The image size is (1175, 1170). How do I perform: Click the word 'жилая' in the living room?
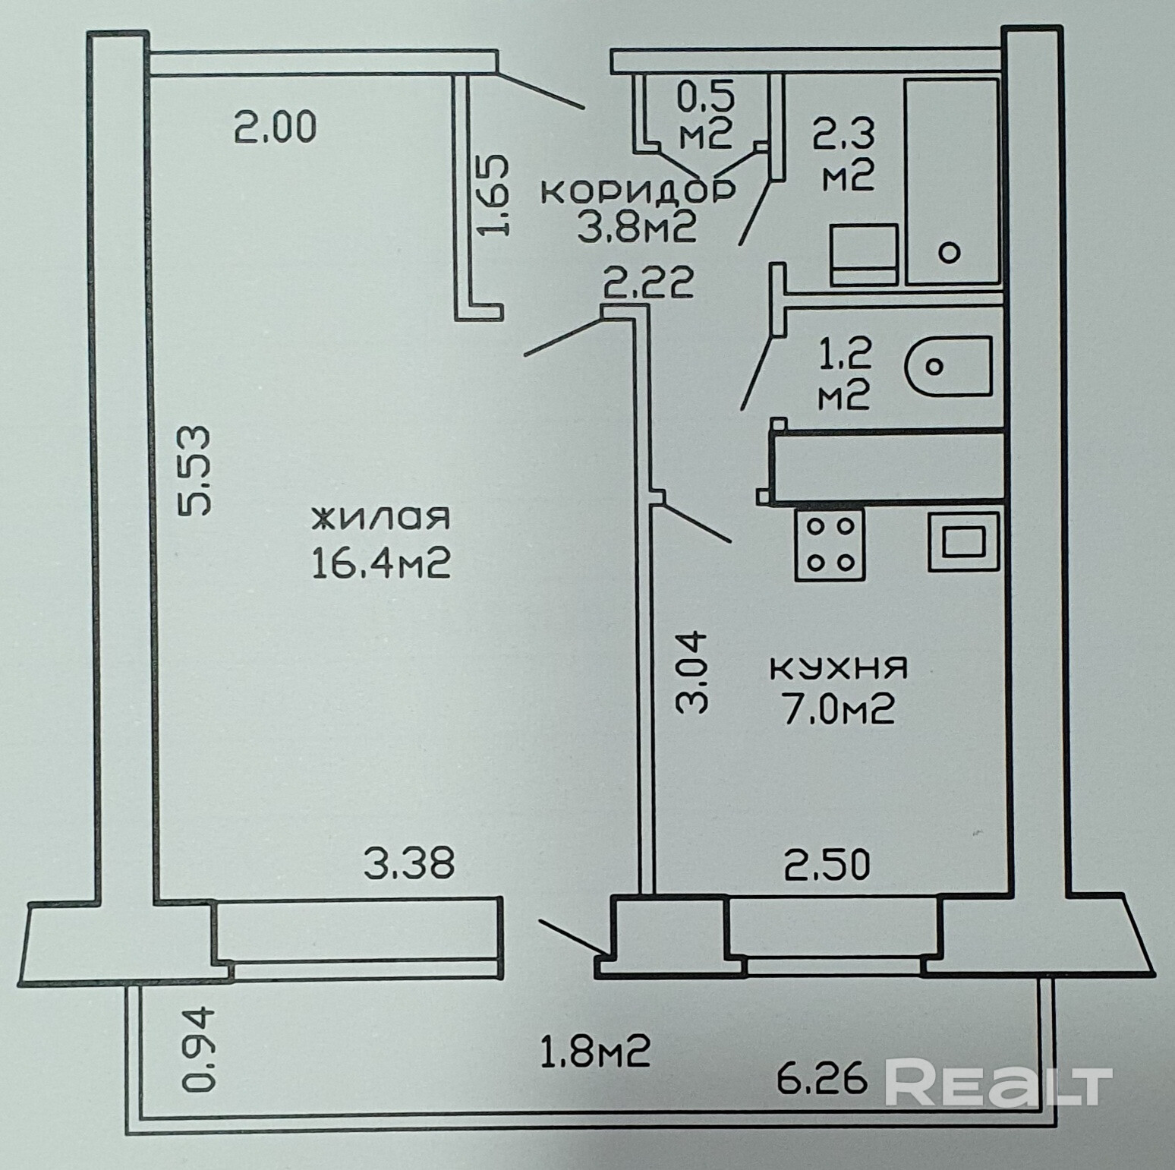click(x=380, y=519)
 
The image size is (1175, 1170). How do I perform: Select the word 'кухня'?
click(x=839, y=668)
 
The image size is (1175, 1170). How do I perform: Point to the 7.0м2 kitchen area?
click(x=839, y=711)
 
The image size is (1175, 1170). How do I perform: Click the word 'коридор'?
click(x=638, y=191)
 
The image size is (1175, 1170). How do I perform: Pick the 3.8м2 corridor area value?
click(x=638, y=227)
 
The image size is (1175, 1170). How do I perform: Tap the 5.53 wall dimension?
click(x=194, y=471)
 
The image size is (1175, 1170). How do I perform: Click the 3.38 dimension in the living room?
click(x=409, y=864)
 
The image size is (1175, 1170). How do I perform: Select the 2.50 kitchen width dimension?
click(x=827, y=866)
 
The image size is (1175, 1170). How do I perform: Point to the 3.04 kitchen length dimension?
click(x=691, y=672)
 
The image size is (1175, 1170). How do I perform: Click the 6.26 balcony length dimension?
click(x=822, y=1077)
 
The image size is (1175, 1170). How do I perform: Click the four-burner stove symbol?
click(x=829, y=544)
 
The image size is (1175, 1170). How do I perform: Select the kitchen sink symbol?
click(x=963, y=541)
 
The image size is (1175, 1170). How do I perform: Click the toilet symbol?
click(x=948, y=367)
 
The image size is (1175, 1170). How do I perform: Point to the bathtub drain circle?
click(x=950, y=252)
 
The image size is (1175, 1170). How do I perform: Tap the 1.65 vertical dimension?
click(x=493, y=197)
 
